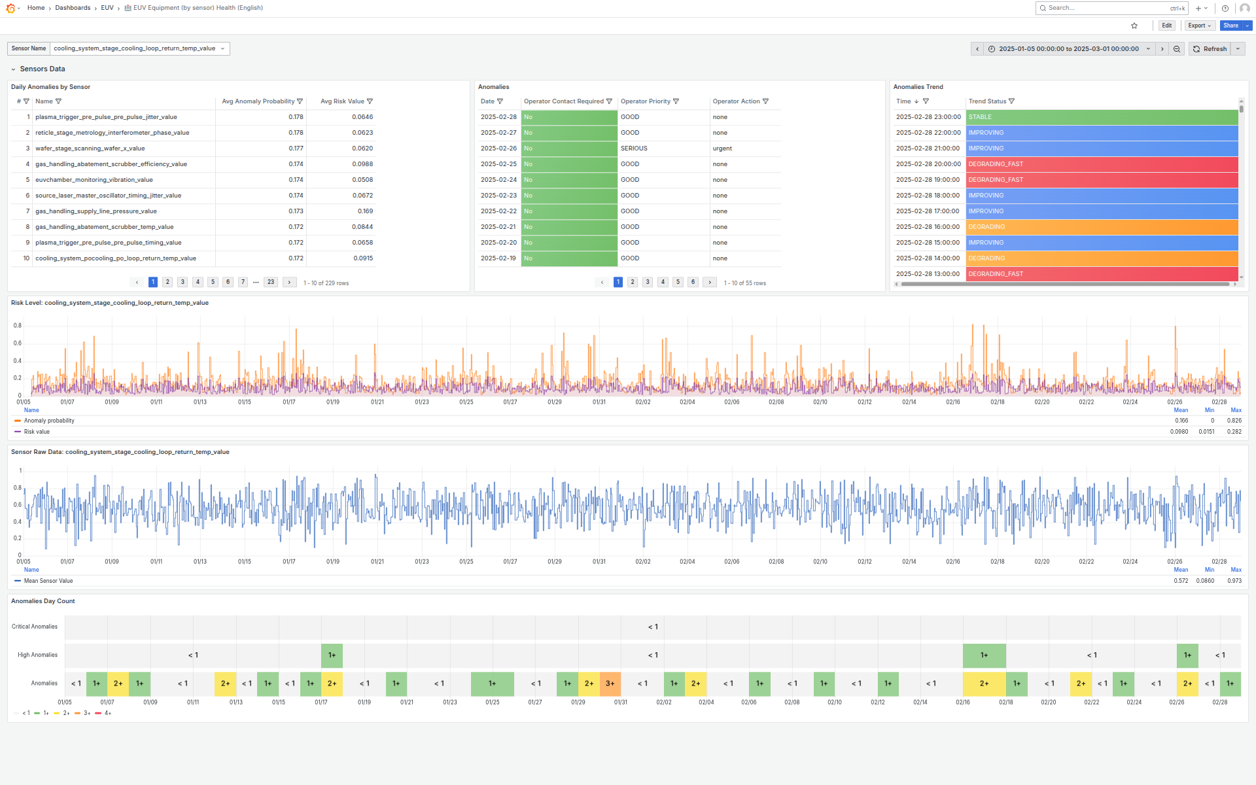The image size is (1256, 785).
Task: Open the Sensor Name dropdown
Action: pyautogui.click(x=139, y=48)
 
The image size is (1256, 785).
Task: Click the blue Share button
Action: pyautogui.click(x=1230, y=26)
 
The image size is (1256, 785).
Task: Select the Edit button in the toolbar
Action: pyautogui.click(x=1166, y=26)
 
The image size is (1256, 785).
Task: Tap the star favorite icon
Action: pyautogui.click(x=1134, y=26)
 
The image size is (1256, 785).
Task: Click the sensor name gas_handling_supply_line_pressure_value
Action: pyautogui.click(x=96, y=211)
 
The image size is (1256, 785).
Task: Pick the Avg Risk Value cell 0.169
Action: pyautogui.click(x=365, y=211)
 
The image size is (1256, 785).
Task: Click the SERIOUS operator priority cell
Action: pyautogui.click(x=634, y=148)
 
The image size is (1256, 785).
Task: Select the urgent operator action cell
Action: pyautogui.click(x=722, y=148)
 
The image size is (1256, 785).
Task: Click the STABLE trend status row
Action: pyautogui.click(x=1101, y=117)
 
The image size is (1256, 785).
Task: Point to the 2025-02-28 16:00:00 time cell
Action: pyautogui.click(x=928, y=227)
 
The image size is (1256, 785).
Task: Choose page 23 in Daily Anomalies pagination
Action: pyautogui.click(x=271, y=282)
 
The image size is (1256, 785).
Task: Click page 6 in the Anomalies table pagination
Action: pyautogui.click(x=693, y=282)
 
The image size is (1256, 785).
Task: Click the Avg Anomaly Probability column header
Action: pyautogui.click(x=258, y=101)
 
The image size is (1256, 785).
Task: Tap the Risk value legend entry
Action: pyautogui.click(x=37, y=432)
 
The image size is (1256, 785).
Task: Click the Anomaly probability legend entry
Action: pyautogui.click(x=49, y=421)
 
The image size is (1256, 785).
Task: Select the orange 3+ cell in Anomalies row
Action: pyautogui.click(x=610, y=684)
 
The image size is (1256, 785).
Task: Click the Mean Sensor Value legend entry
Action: pyautogui.click(x=48, y=581)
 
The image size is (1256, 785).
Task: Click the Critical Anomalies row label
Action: pyautogui.click(x=35, y=627)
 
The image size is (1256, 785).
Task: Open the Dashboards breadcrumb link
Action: pyautogui.click(x=73, y=8)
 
